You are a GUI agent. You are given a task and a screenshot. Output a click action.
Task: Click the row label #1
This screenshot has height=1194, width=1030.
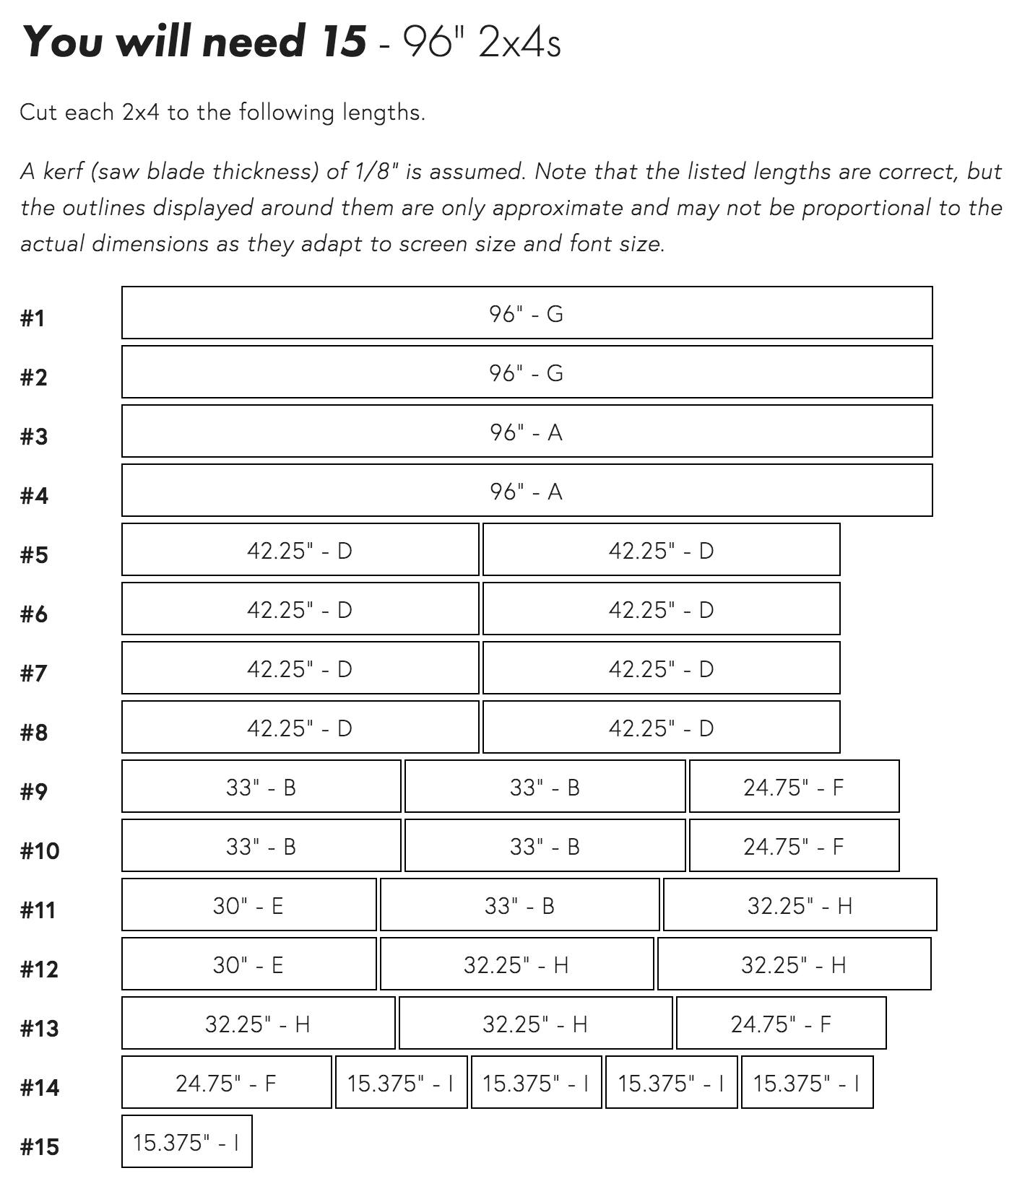coord(33,318)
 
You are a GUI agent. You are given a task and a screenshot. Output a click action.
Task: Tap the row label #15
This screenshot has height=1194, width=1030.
coord(40,1147)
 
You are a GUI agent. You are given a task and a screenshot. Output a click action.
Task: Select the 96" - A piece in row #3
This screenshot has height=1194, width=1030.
coord(527,432)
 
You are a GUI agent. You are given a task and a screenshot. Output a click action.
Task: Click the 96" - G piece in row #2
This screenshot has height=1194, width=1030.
coord(527,372)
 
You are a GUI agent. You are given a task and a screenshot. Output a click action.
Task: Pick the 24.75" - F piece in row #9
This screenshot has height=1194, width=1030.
coord(794,787)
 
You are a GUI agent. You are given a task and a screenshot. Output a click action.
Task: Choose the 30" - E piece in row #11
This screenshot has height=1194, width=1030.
coord(248,905)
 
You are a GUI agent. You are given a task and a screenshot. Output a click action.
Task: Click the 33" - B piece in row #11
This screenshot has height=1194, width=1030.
coord(519,905)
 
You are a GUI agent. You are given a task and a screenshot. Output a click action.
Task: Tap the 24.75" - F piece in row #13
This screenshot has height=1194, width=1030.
coord(781,1024)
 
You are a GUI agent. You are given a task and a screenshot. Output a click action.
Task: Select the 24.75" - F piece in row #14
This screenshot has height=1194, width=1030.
coord(226,1083)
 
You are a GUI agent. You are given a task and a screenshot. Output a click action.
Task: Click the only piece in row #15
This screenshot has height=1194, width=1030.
coord(186,1142)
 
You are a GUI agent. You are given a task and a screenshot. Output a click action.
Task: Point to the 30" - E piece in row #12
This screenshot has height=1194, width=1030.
coord(248,964)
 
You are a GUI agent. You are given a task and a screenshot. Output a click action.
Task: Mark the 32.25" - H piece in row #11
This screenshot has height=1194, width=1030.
coord(800,905)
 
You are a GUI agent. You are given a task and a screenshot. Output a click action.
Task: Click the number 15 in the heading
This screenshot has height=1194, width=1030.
coord(340,42)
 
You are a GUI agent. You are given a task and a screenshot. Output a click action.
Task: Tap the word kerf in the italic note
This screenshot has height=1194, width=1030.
coord(63,172)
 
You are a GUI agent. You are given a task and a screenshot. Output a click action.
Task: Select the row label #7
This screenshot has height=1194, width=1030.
coord(34,674)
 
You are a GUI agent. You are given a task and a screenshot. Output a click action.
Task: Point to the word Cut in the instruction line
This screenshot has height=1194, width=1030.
coord(38,113)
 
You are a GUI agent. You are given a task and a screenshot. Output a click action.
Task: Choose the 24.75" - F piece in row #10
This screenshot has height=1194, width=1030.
coord(794,846)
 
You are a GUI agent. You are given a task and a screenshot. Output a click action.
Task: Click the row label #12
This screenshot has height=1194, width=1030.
coord(40,969)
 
